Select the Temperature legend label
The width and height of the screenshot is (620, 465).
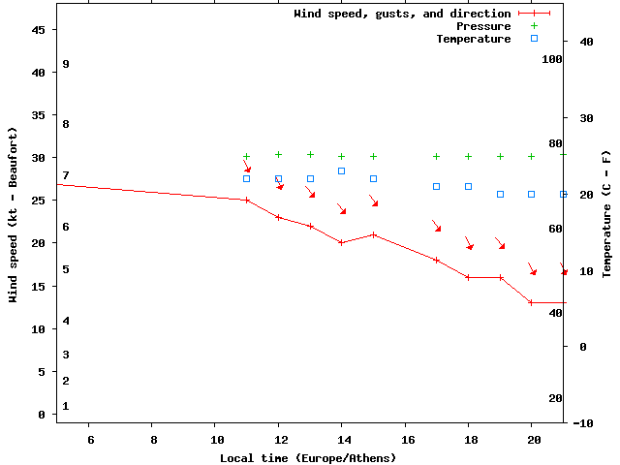(473, 39)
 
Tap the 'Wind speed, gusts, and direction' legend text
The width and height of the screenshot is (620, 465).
(402, 14)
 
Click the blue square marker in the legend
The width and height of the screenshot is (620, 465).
(534, 39)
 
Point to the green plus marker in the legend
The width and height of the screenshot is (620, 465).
(534, 26)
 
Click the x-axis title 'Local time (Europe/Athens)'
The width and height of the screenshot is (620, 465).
(308, 457)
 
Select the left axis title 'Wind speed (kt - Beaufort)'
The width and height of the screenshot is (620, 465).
(15, 214)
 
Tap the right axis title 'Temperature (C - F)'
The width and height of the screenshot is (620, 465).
(606, 214)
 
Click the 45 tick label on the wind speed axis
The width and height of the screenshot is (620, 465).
(40, 29)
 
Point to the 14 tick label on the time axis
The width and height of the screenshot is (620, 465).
(341, 439)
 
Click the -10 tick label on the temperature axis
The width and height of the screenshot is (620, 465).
(583, 423)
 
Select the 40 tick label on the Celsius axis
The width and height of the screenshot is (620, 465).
(586, 42)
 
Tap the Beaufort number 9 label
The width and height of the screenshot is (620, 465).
(66, 64)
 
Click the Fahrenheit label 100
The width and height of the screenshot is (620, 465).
(552, 59)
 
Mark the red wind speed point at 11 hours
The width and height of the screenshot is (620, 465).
(246, 200)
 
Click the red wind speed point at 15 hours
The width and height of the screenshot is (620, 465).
(373, 234)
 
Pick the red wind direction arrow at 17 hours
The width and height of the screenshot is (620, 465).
(437, 226)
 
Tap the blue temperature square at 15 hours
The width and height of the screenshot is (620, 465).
(373, 178)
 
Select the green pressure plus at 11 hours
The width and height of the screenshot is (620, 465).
(246, 156)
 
